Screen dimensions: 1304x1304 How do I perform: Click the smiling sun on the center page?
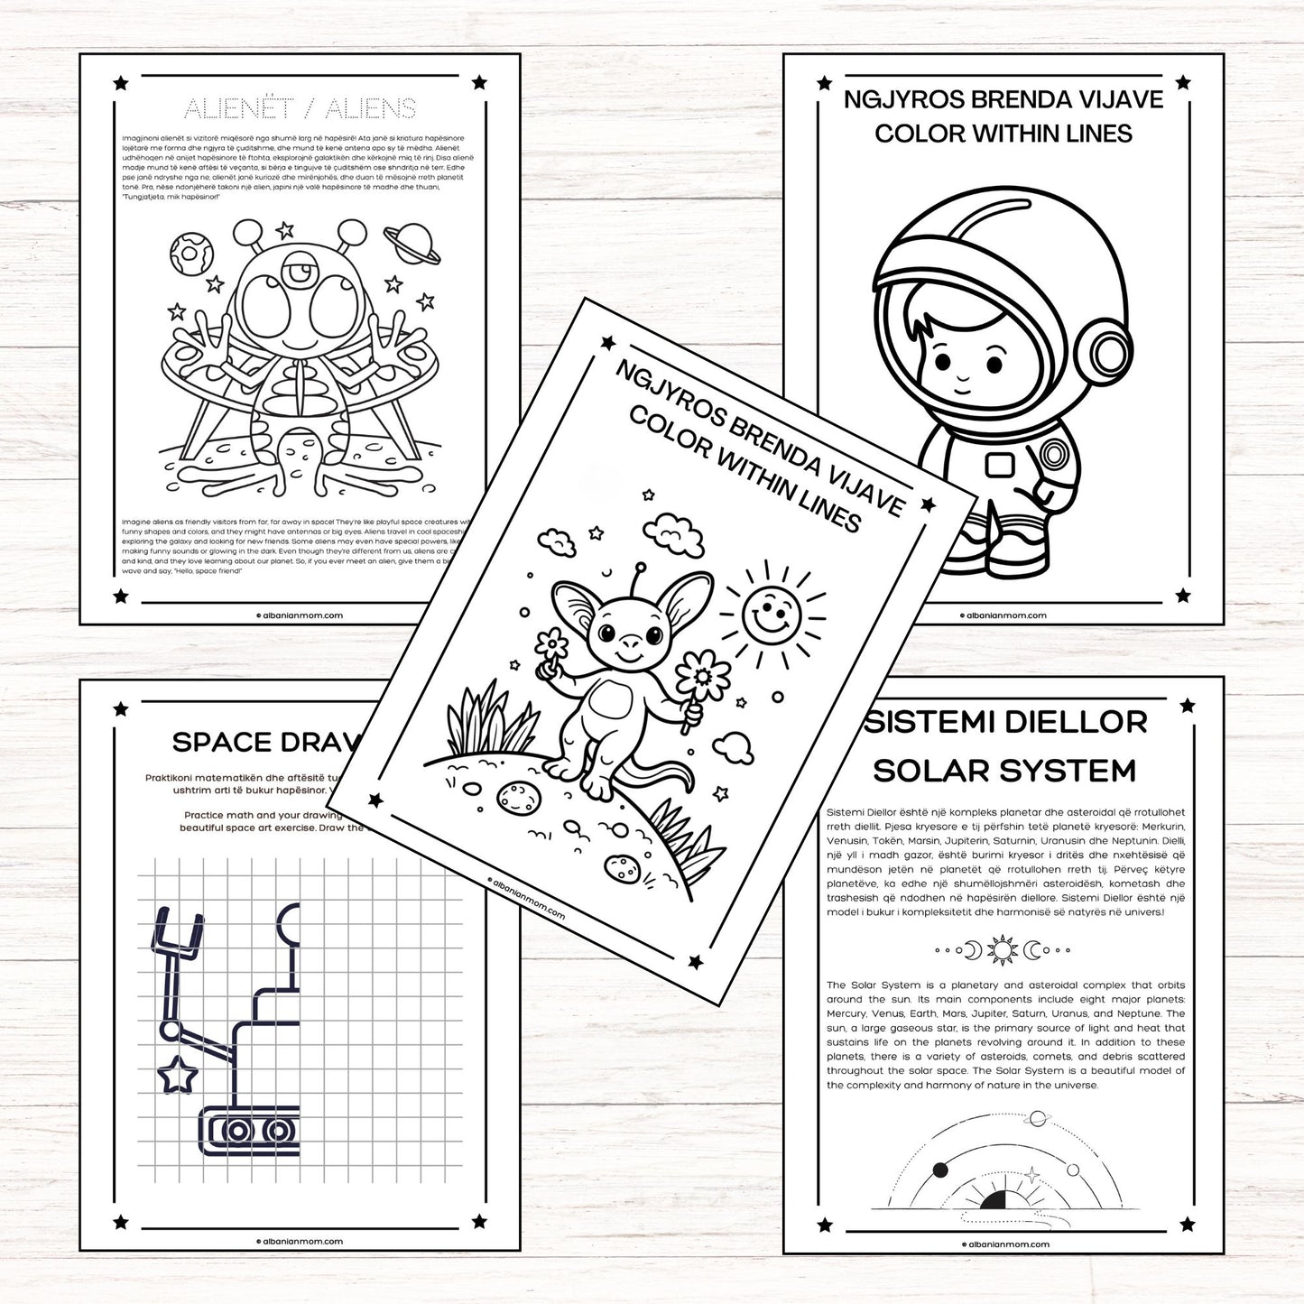[x=771, y=611]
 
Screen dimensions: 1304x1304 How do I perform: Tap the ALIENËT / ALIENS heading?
[x=300, y=109]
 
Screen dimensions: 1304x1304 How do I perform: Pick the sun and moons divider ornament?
[x=1003, y=949]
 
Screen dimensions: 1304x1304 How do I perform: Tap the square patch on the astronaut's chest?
[x=1000, y=465]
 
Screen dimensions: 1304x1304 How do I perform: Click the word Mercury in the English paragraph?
[x=847, y=1013]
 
